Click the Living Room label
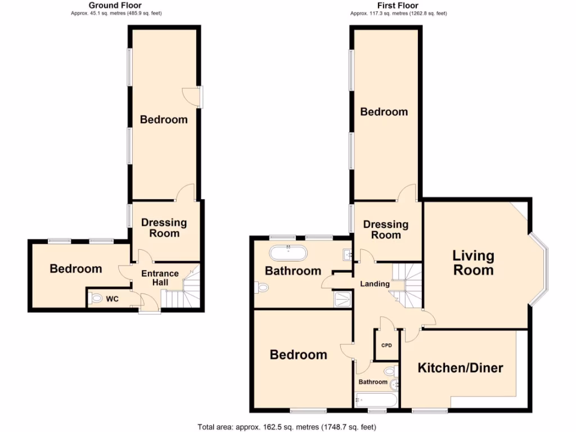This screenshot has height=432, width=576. click(x=474, y=263)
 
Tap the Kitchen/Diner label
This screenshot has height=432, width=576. click(x=460, y=368)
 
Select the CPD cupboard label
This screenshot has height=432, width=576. click(x=386, y=345)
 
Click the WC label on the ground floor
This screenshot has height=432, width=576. click(x=112, y=299)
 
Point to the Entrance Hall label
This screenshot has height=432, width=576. click(x=159, y=278)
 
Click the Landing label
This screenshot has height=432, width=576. click(x=375, y=284)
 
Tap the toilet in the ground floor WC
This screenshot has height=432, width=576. click(x=95, y=298)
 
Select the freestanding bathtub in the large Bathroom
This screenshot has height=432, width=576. click(x=289, y=252)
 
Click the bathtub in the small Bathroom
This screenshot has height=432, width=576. click(x=376, y=400)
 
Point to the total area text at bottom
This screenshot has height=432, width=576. click(x=287, y=426)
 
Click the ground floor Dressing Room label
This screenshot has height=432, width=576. click(x=164, y=228)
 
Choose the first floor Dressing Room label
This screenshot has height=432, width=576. click(x=386, y=230)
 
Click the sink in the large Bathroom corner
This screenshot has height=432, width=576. click(x=346, y=255)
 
